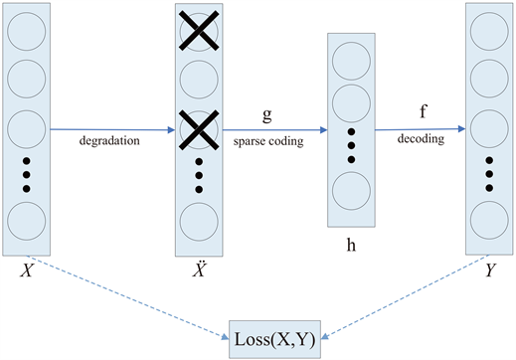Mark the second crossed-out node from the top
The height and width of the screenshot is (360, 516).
click(x=198, y=127)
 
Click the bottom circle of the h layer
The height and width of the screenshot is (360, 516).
click(x=351, y=188)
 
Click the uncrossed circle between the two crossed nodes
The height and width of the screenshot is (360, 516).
click(x=198, y=80)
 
